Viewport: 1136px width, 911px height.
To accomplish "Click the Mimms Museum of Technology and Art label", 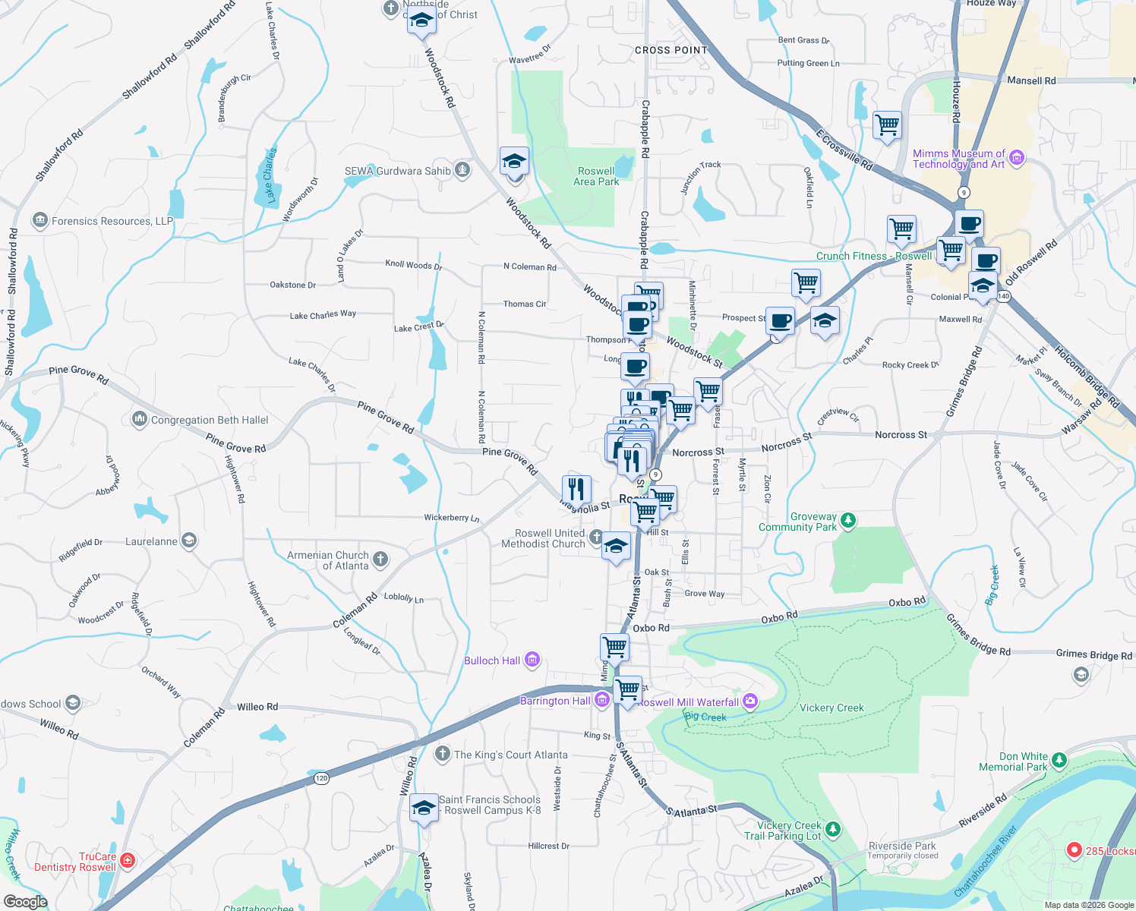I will coord(958,159).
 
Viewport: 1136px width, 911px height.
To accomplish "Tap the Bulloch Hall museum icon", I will coord(532,660).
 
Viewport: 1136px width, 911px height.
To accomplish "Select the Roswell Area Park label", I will coord(596,176).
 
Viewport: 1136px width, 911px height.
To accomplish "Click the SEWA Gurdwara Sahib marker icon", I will coord(462,170).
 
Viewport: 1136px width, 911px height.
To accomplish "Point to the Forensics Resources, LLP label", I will coord(112,221).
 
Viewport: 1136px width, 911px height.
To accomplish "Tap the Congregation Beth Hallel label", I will coord(210,420).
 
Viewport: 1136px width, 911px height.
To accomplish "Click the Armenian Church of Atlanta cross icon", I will coord(380,560).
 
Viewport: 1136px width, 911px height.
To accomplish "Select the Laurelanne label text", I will coord(151,541).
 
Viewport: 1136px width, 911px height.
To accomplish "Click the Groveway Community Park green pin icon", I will coord(848,520).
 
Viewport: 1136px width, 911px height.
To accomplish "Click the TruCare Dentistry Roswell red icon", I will coord(128,860).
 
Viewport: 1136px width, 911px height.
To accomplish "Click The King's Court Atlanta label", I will coord(510,755).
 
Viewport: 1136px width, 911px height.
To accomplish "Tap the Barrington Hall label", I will coord(555,701).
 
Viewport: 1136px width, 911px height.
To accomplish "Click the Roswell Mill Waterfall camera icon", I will coord(750,701).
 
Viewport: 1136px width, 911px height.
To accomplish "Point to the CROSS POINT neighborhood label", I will coord(671,50).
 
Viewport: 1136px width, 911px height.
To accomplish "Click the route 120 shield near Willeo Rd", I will coord(321,778).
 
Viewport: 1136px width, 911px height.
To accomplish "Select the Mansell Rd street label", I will coord(1031,80).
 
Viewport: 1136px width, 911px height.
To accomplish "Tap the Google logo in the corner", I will coord(26,901).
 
